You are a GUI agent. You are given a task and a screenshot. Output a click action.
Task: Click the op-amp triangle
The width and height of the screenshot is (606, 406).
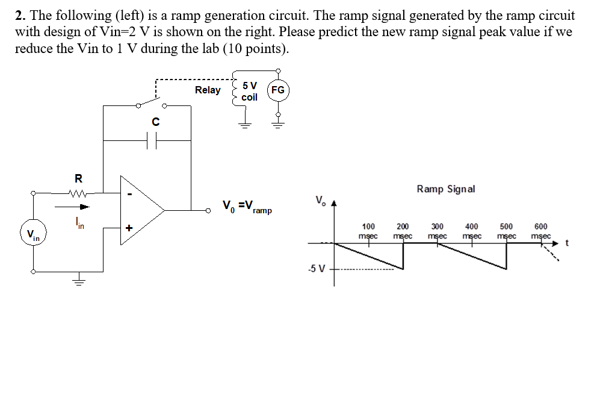(x=141, y=210)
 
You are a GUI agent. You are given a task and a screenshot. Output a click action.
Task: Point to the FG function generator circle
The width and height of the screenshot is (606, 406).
(x=277, y=90)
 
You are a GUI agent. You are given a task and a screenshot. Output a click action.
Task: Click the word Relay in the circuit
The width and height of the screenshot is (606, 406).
(x=208, y=90)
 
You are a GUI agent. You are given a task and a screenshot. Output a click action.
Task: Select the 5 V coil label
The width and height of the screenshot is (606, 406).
(x=249, y=91)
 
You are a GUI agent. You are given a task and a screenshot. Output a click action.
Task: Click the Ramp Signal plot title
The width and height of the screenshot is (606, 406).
(x=445, y=189)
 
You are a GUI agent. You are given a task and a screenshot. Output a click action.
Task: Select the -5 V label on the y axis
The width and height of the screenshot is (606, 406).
(x=316, y=269)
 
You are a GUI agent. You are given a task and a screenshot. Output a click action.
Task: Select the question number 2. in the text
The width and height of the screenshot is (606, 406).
(x=20, y=16)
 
